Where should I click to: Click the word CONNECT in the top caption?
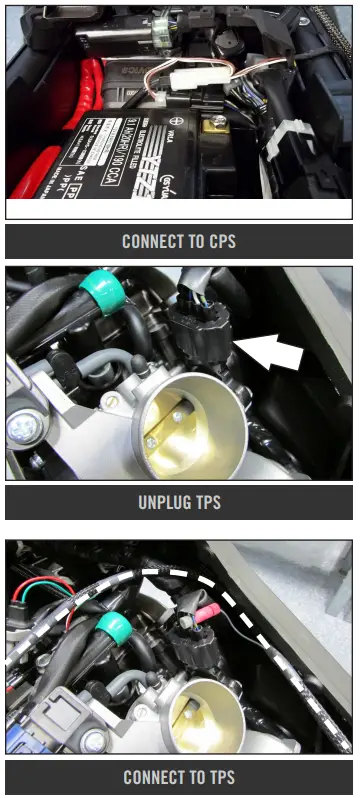tap(151, 241)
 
